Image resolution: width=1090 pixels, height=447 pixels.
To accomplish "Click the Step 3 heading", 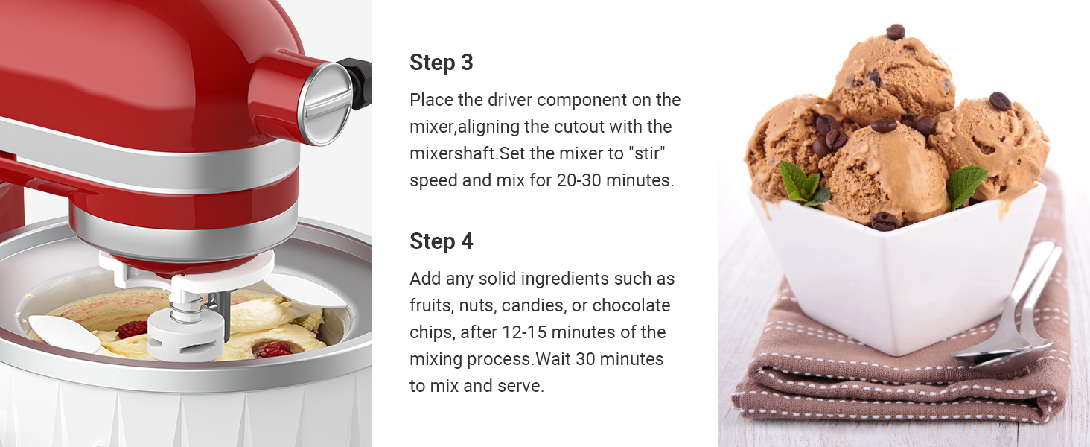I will point(442,63).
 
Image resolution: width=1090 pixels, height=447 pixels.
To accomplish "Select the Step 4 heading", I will point(442,241).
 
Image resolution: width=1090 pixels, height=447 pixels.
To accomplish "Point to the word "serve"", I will point(521,386).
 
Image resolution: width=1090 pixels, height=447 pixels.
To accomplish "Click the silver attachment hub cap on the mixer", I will point(325,104).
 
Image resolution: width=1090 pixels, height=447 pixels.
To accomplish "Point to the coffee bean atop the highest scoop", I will point(896,31).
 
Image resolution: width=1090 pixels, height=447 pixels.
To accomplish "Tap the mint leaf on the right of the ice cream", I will point(966,184).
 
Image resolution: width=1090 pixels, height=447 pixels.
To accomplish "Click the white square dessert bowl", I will point(893,276).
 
